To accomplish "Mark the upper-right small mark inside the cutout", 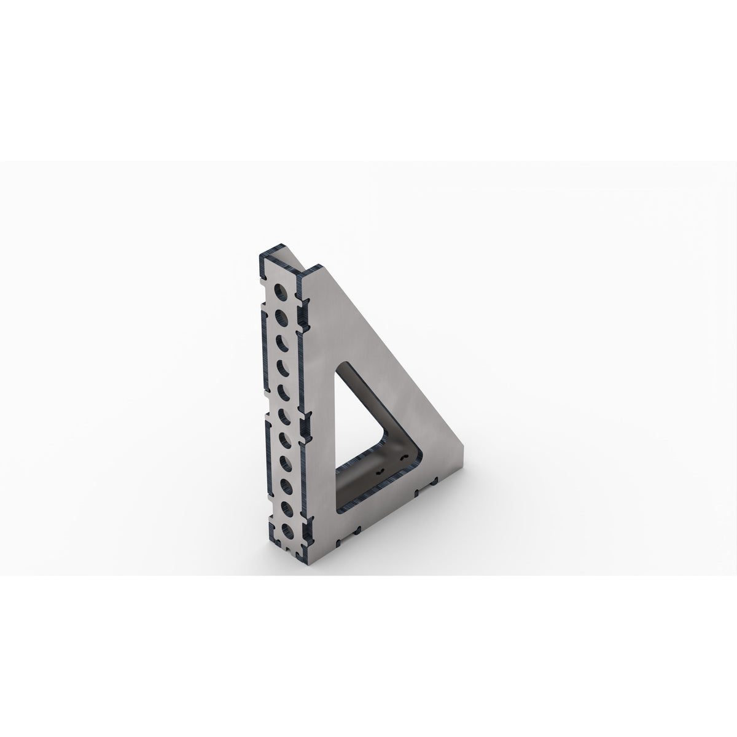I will coord(403,458).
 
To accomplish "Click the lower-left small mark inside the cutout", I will coord(381,472).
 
